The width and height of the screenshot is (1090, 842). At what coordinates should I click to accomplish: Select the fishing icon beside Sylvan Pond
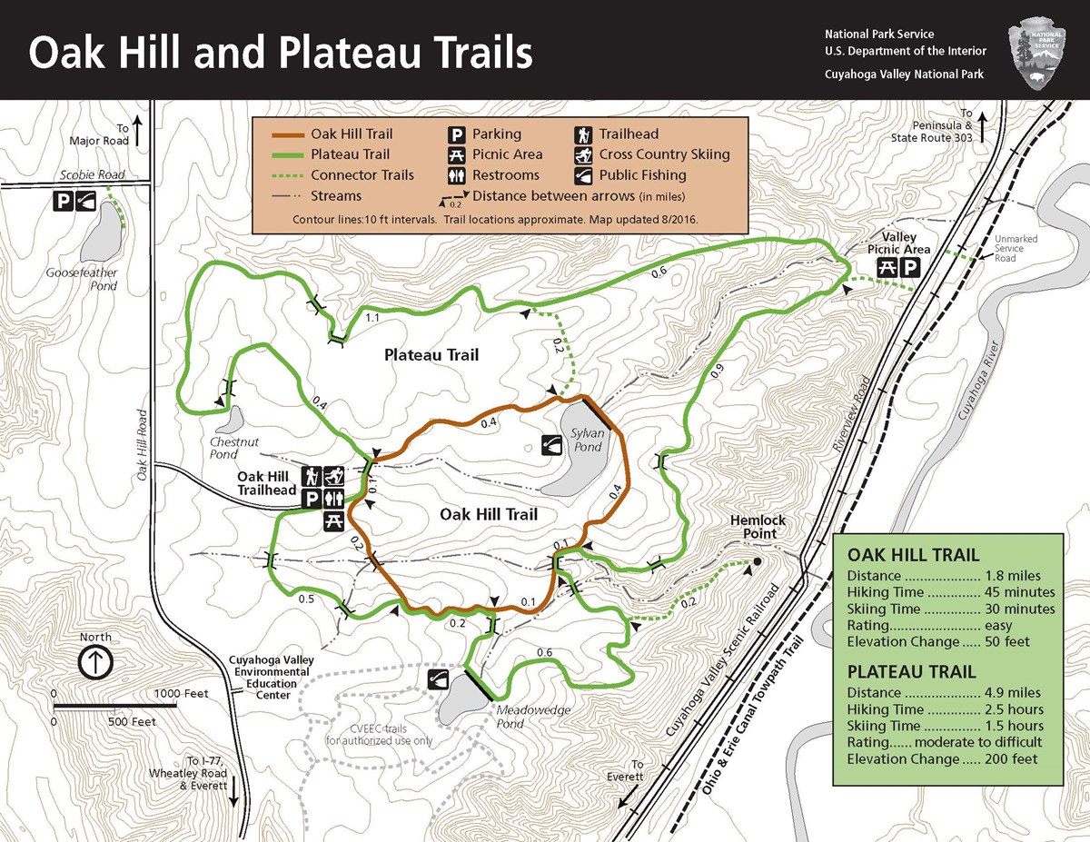[552, 444]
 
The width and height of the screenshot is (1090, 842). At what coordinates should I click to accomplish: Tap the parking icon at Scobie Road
[62, 201]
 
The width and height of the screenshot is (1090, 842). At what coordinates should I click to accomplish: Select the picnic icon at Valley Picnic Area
[886, 267]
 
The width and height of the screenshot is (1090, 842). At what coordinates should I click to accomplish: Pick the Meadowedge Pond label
[522, 717]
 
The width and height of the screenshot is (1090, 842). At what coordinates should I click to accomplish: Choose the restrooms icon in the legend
[456, 175]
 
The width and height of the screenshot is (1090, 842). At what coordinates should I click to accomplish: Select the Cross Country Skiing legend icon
[582, 154]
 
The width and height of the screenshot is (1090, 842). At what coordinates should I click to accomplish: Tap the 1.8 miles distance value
[1013, 576]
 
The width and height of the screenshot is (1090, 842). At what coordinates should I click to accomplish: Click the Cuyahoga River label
[976, 381]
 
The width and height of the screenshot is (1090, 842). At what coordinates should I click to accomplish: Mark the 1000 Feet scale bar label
[182, 694]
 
